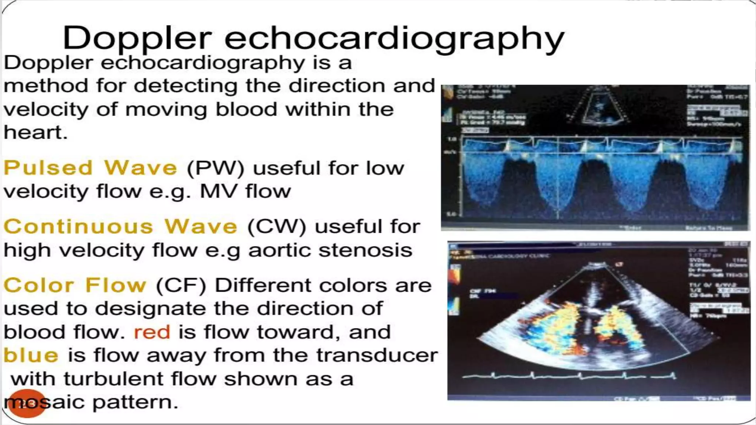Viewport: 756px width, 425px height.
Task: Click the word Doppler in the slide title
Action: click(x=137, y=38)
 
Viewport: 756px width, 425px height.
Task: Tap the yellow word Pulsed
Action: click(x=48, y=168)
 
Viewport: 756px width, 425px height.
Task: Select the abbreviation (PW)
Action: click(x=216, y=169)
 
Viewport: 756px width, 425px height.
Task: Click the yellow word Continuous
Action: click(x=78, y=227)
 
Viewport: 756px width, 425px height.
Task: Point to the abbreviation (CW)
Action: click(x=276, y=227)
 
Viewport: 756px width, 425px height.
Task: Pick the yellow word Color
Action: click(x=39, y=285)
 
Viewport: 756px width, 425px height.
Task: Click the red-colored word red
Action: click(x=152, y=332)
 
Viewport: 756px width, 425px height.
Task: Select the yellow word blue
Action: click(x=31, y=355)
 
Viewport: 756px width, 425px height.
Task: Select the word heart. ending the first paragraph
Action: click(x=35, y=132)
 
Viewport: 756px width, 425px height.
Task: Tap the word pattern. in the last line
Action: click(x=135, y=402)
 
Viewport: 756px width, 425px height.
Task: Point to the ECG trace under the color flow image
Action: click(x=568, y=376)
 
